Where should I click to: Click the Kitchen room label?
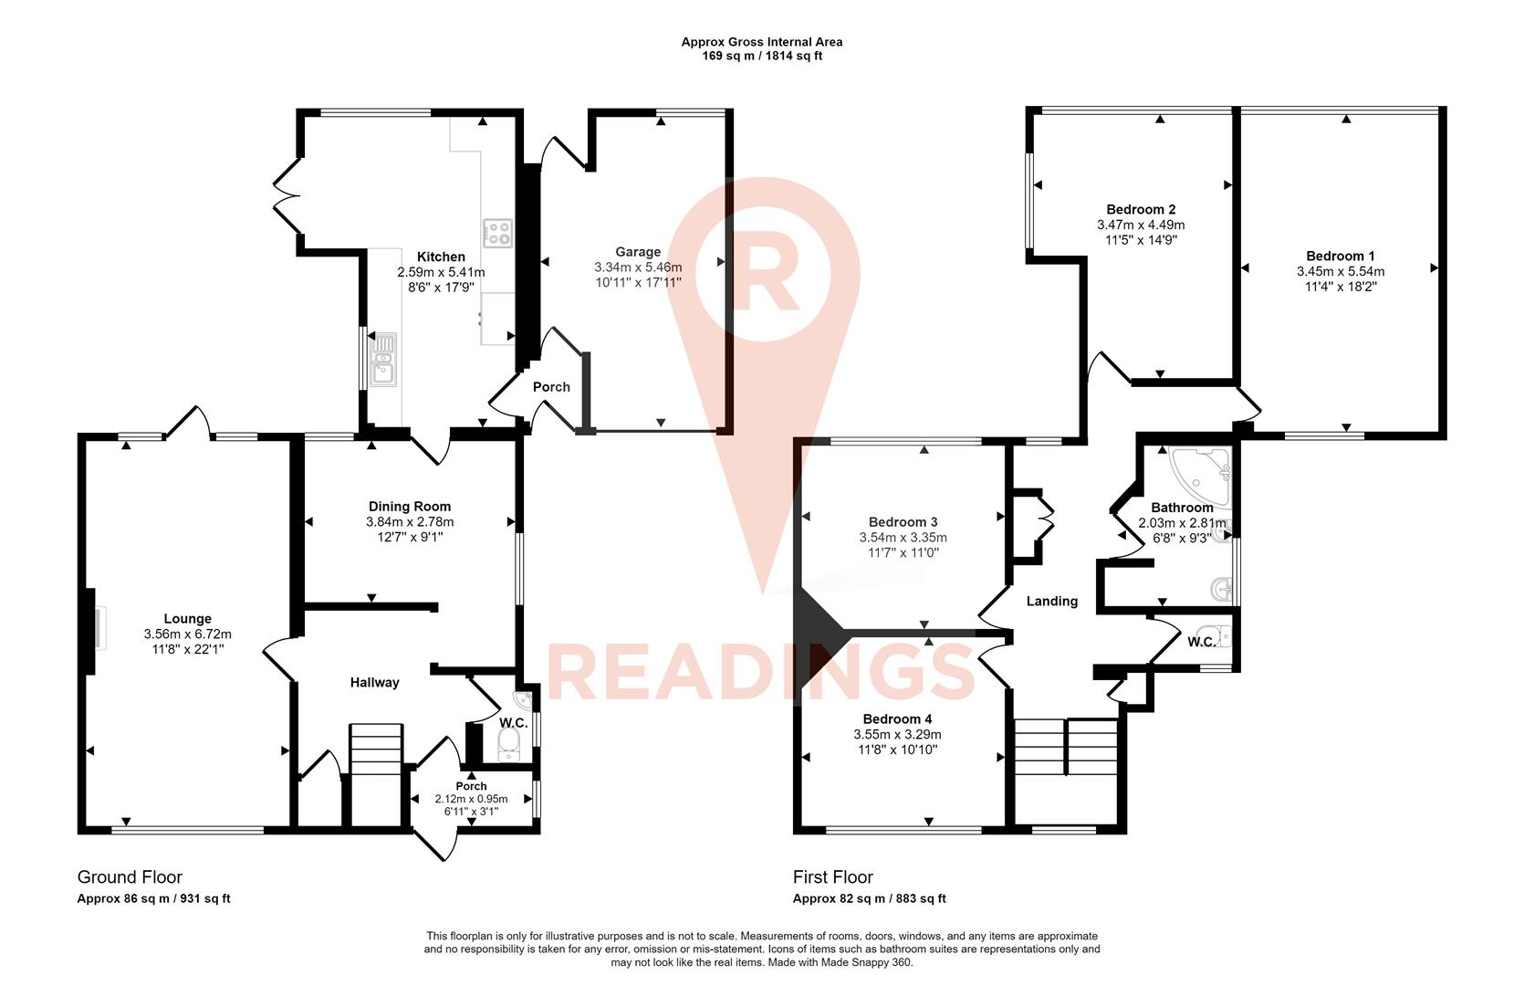pos(441,257)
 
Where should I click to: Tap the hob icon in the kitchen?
pos(497,233)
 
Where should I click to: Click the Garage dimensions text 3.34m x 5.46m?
pos(638,267)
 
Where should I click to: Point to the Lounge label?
pos(188,618)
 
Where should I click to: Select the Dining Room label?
pos(410,506)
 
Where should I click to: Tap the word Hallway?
pos(375,682)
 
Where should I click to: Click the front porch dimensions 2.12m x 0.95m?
pos(471,798)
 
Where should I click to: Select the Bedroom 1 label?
pos(1340,256)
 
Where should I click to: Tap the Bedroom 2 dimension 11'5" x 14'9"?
pos(1141,240)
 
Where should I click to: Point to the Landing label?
pos(1052,601)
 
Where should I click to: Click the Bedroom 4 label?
pos(897,719)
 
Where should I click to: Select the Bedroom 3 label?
pos(903,522)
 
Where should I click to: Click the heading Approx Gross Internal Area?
pos(762,41)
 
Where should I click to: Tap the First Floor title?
pos(832,876)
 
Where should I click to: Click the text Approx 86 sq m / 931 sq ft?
pos(153,898)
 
